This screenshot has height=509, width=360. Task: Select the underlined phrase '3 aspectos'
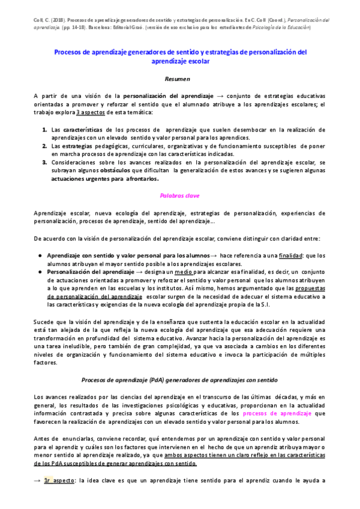93,112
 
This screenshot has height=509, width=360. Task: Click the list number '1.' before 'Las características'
45,130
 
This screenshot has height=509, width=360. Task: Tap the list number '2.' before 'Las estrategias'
45,146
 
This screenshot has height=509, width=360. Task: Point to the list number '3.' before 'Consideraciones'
45,162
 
